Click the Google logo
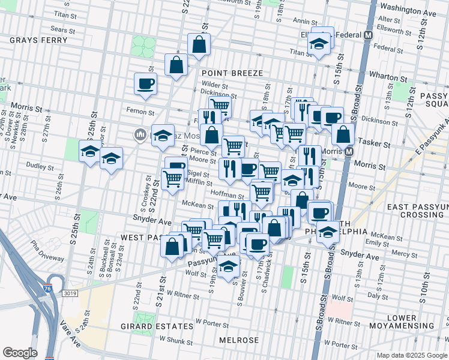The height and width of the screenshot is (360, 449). (20, 353)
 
